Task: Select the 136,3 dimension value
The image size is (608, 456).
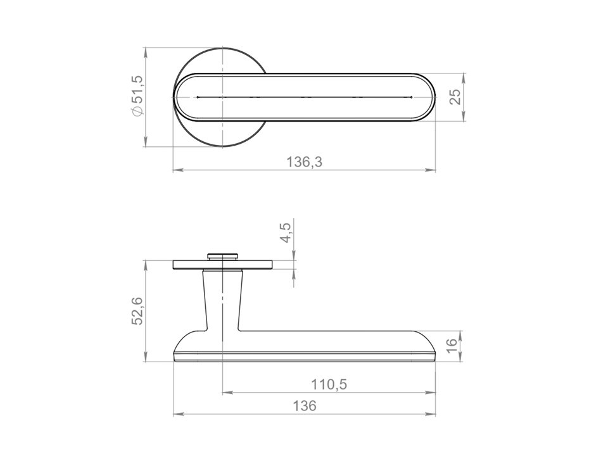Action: point(305,161)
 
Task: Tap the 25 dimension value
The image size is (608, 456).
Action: point(456,97)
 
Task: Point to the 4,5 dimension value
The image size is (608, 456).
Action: point(286,232)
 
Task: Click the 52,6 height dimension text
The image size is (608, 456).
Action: point(138,311)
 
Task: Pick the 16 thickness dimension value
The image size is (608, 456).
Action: point(452,346)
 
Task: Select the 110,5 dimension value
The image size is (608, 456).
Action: point(329,384)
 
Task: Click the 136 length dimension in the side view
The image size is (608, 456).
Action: point(305,406)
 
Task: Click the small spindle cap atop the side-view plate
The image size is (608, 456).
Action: point(222,256)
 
